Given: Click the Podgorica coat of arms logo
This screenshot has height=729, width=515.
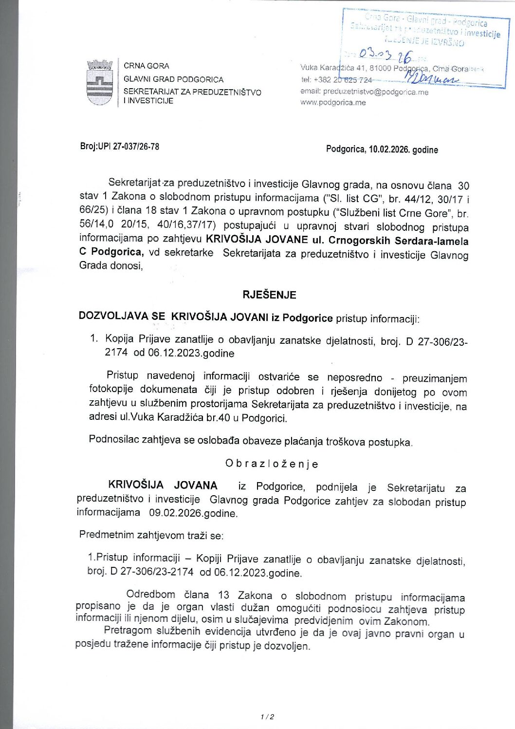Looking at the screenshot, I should click(100, 82).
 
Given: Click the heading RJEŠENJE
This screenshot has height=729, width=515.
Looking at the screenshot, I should click(269, 295).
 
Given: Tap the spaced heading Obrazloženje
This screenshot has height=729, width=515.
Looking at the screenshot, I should click(272, 464).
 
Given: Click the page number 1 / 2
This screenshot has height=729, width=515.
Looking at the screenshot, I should click(267, 716).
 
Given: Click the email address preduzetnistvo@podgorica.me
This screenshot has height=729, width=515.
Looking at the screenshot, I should click(375, 92).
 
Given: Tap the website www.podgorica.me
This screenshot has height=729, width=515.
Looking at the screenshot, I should click(333, 102).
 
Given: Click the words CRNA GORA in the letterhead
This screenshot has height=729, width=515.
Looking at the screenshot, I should click(147, 66).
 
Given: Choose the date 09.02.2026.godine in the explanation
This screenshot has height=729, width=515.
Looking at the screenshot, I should click(193, 513).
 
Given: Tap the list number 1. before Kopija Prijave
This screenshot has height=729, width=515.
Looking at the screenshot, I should click(94, 338).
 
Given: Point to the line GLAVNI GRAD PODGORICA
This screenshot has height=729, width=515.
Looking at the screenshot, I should click(173, 79).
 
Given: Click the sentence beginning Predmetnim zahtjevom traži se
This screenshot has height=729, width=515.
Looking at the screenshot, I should click(151, 535).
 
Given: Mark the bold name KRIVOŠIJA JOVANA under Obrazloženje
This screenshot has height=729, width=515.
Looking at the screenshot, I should click(163, 485).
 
